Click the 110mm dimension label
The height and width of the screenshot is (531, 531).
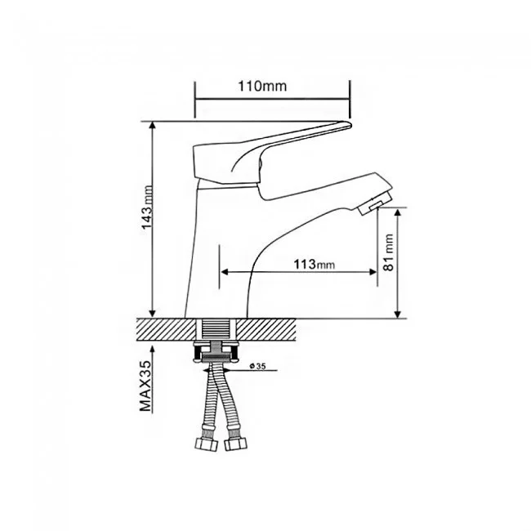pyautogui.click(x=262, y=87)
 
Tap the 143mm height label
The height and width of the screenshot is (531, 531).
pyautogui.click(x=147, y=207)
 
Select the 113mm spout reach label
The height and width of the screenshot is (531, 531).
pyautogui.click(x=314, y=264)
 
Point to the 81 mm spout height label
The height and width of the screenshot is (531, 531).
pyautogui.click(x=388, y=252)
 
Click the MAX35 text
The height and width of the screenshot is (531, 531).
pyautogui.click(x=146, y=386)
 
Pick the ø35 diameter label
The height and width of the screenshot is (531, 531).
pyautogui.click(x=257, y=366)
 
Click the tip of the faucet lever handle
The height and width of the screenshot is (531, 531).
pyautogui.click(x=350, y=125)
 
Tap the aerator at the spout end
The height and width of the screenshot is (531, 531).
pyautogui.click(x=371, y=207)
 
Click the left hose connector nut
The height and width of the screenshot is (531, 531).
pyautogui.click(x=206, y=444)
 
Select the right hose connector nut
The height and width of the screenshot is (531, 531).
pyautogui.click(x=236, y=444)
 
